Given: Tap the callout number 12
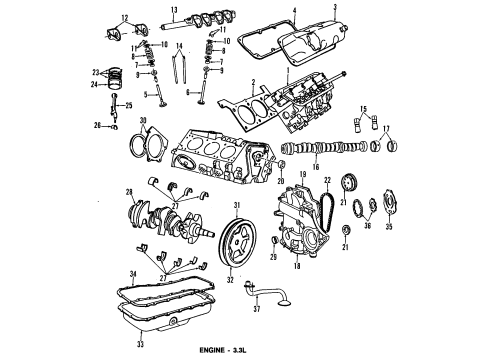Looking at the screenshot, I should [125, 17].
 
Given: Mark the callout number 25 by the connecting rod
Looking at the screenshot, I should [129, 105].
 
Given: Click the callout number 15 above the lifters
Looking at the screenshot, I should [364, 108].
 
